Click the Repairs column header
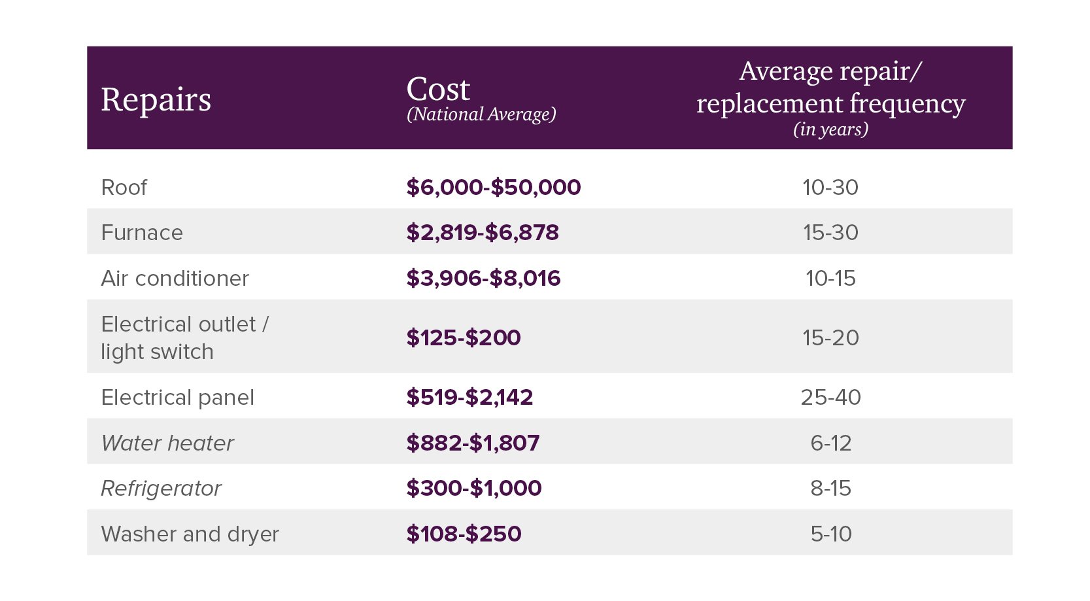(x=156, y=100)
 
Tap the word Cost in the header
(x=438, y=89)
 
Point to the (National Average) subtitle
(x=481, y=114)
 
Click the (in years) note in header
(x=830, y=129)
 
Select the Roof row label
(x=124, y=188)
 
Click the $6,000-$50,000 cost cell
(x=493, y=187)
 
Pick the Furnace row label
(x=142, y=233)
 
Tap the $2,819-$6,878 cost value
(x=483, y=232)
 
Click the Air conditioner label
(x=175, y=279)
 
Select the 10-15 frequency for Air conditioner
(x=830, y=279)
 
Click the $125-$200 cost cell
(x=463, y=337)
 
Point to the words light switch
(x=157, y=352)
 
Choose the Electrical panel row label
(x=177, y=398)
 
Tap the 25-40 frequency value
(x=830, y=398)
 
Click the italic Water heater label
(x=167, y=443)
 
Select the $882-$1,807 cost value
(x=473, y=443)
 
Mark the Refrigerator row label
(x=161, y=489)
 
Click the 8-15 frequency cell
(x=830, y=489)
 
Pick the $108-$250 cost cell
(x=464, y=534)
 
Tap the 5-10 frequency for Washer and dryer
(x=830, y=534)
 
